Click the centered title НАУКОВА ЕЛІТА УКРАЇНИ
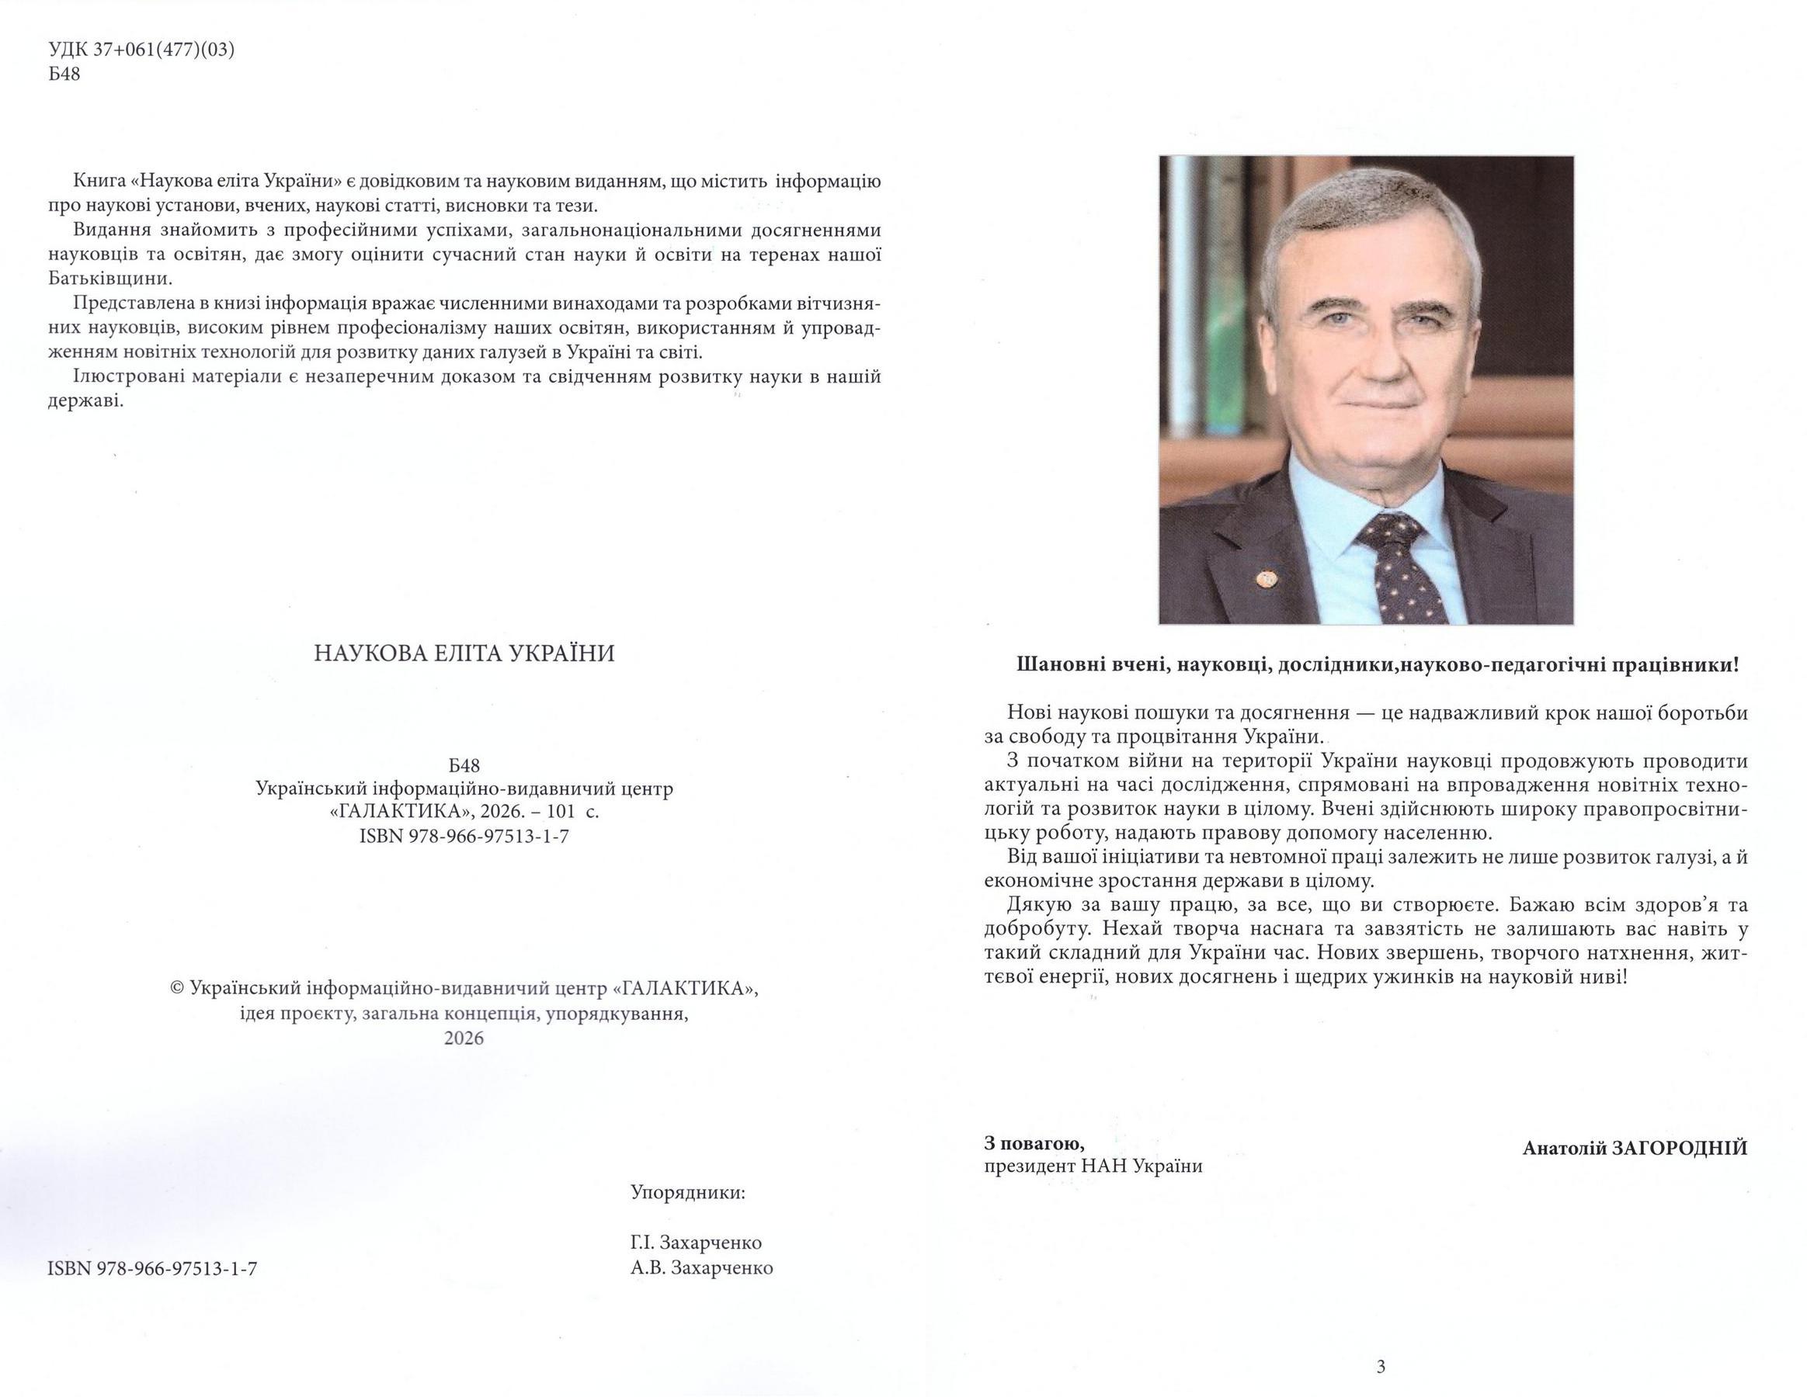pos(464,654)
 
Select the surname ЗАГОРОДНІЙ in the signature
pos(1680,1148)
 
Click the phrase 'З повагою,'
pos(1034,1144)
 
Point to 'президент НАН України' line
pos(1093,1166)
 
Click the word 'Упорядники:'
pos(687,1193)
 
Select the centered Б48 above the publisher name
pos(464,765)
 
